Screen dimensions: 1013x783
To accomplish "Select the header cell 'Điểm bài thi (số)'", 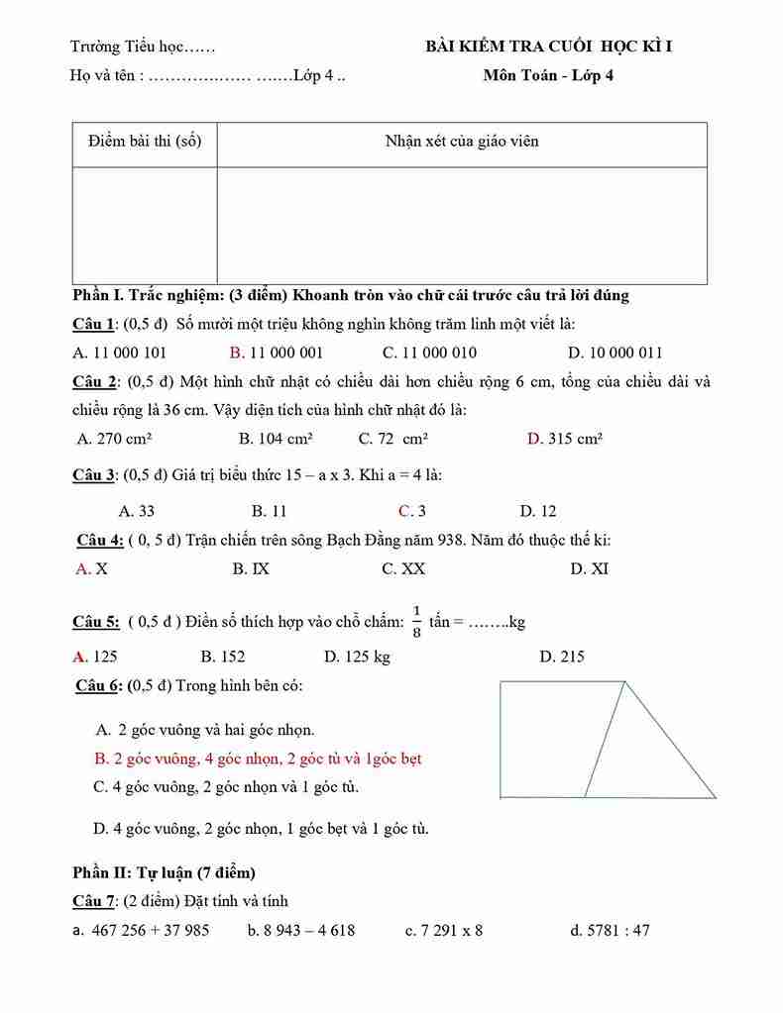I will (x=145, y=142).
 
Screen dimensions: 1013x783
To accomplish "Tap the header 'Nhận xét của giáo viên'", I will (x=461, y=142).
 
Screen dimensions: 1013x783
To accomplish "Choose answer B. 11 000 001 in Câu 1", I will (x=276, y=353).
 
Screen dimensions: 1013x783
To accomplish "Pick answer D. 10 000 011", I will (x=615, y=353).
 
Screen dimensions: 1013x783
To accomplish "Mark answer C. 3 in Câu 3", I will (x=411, y=511).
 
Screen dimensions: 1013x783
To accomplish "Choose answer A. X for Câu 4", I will (x=91, y=569).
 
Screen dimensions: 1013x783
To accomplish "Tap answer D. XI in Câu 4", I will (x=589, y=569).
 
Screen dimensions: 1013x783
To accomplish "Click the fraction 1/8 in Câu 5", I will (x=417, y=622).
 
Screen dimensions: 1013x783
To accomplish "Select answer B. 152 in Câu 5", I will (x=222, y=657).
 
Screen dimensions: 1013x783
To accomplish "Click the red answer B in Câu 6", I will (x=258, y=760).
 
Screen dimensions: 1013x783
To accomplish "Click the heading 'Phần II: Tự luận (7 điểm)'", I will (x=164, y=872).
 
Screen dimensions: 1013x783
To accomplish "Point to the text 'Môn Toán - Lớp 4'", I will (x=548, y=76).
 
